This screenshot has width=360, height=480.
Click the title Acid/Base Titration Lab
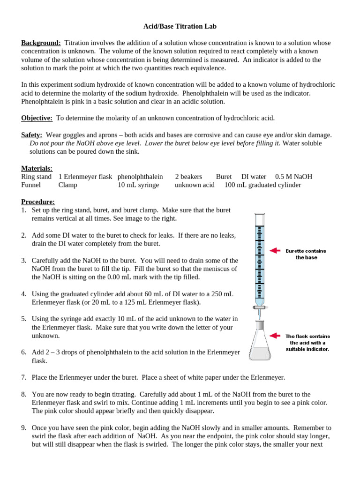click(x=180, y=27)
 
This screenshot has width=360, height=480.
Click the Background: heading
click(x=41, y=43)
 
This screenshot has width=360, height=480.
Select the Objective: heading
click(x=37, y=118)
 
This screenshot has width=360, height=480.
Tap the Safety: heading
click(x=32, y=135)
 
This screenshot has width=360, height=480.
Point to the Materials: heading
click(x=37, y=168)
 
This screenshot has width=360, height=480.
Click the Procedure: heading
click(x=38, y=202)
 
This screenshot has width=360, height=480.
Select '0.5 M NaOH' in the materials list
click(x=293, y=177)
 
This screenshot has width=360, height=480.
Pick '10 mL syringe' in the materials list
click(x=138, y=185)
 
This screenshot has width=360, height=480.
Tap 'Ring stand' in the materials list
click(x=37, y=177)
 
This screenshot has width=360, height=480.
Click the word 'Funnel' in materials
click(x=31, y=185)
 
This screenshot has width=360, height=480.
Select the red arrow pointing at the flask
click(x=274, y=336)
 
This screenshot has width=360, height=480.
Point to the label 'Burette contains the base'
click(x=306, y=254)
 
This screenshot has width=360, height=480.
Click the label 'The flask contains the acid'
click(x=307, y=342)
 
